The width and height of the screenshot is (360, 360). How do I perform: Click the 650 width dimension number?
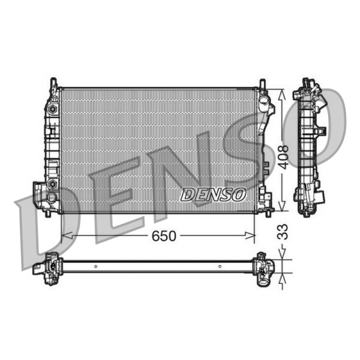164,236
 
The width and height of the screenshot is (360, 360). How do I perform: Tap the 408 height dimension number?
282,157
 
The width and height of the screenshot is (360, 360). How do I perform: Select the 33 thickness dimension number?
282,232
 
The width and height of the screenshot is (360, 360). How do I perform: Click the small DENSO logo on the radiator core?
213,195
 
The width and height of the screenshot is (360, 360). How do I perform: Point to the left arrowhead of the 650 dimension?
67,235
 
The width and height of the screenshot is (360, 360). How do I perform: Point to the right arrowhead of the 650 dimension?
250,235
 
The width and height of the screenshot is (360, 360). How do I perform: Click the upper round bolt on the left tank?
53,109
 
